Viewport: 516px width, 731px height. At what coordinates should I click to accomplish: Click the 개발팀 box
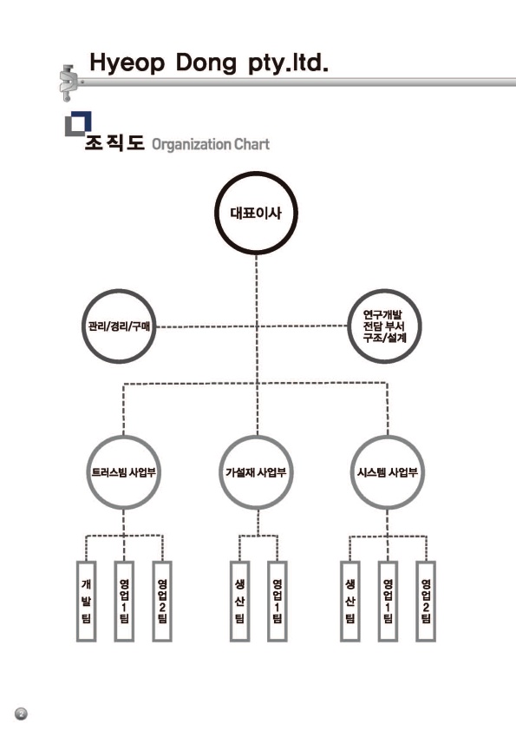[86, 602]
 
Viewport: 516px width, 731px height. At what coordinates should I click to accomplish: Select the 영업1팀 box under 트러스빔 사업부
[124, 602]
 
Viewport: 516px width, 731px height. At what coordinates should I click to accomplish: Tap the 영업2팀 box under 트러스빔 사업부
[162, 602]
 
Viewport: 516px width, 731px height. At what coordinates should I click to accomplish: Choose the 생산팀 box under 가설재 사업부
[239, 602]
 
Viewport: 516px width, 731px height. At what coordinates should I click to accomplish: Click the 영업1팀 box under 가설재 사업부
[278, 602]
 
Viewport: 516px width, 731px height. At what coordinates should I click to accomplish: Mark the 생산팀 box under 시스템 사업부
[349, 602]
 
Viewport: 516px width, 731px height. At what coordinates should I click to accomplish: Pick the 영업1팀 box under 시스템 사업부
[388, 602]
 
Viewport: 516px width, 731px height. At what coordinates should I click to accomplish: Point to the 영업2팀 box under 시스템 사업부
[426, 602]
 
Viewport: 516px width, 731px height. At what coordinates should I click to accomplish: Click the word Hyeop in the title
[127, 63]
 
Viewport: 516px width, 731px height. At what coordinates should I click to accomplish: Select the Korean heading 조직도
[114, 142]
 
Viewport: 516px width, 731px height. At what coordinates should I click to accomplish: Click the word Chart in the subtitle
[251, 144]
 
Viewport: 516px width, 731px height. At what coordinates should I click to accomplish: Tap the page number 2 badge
[21, 714]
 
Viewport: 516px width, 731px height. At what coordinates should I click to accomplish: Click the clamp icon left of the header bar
[69, 83]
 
